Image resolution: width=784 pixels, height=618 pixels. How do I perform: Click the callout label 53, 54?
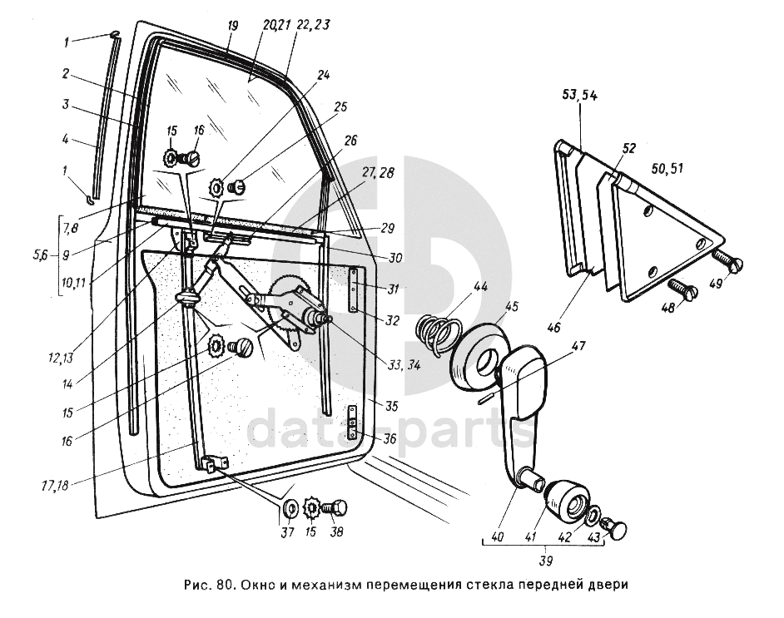[580, 96]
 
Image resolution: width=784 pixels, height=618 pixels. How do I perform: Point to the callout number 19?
[232, 26]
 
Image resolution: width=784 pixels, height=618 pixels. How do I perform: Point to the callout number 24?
[322, 74]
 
